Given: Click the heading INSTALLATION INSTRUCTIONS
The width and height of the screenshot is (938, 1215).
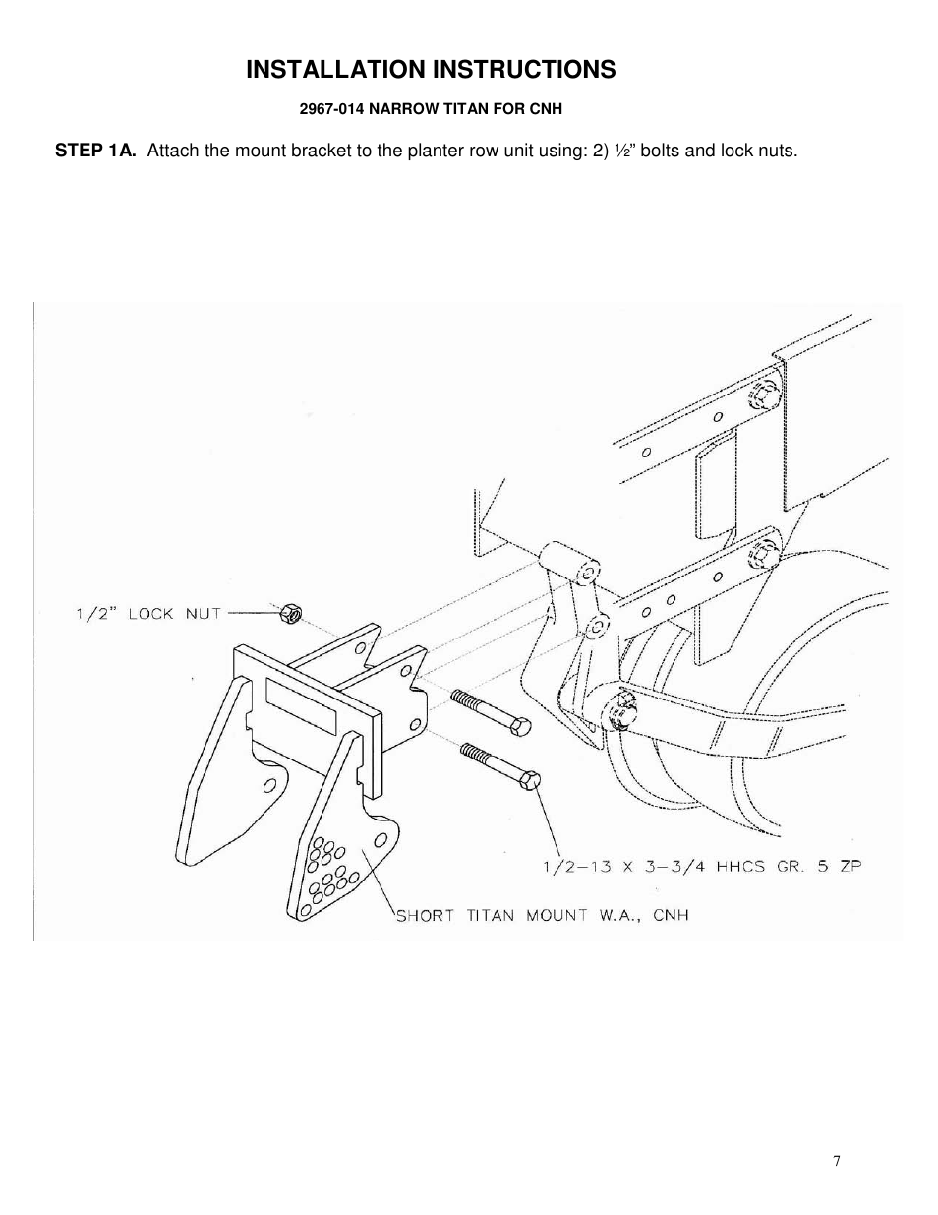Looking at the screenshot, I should (x=431, y=70).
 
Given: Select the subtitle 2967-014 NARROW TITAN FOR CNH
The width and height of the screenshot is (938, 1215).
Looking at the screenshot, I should (x=431, y=108).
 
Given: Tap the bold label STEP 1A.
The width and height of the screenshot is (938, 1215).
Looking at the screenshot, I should (x=94, y=151).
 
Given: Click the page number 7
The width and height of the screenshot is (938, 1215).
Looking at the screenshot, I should (x=837, y=1161).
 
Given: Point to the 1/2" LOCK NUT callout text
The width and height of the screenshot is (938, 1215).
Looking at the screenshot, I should (x=148, y=614).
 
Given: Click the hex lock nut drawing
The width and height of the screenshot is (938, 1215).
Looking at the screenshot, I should (x=289, y=615).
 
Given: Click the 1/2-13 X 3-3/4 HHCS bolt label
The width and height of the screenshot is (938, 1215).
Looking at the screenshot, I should (x=702, y=867).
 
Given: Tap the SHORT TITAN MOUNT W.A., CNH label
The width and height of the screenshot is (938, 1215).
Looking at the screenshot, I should (x=542, y=915).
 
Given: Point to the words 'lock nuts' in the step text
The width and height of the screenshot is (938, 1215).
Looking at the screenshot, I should (x=758, y=151).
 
